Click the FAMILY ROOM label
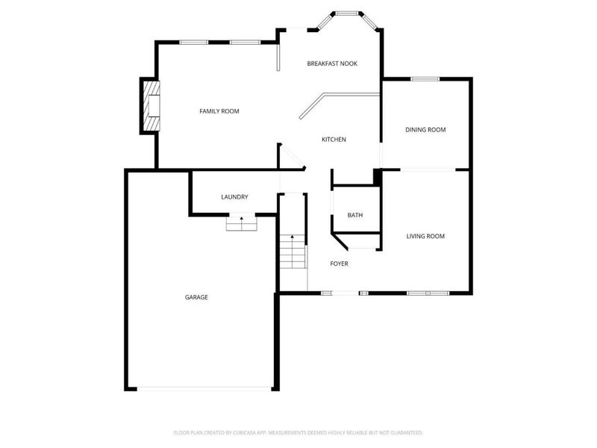(x=219, y=111)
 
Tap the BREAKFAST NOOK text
(x=332, y=64)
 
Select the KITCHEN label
(x=334, y=140)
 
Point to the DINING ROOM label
(x=425, y=130)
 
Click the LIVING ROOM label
(x=425, y=237)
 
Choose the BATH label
(x=355, y=216)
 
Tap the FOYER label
(x=340, y=264)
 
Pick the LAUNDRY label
(x=234, y=197)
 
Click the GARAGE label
(x=196, y=297)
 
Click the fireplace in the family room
(x=151, y=107)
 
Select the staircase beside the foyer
(x=293, y=252)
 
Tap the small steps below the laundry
(x=241, y=223)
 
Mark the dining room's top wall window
(x=425, y=78)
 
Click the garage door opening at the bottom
(x=204, y=388)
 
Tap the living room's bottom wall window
(x=428, y=293)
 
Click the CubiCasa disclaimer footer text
(x=298, y=432)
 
